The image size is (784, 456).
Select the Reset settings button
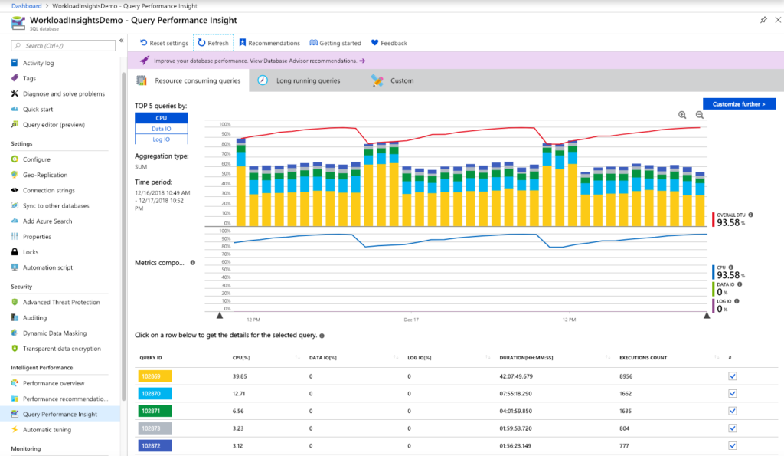coord(164,43)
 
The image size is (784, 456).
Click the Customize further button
coord(738,103)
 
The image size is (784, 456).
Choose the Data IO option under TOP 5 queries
coord(161,129)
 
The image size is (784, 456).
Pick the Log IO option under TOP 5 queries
coord(161,139)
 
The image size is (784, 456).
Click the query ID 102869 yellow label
coord(155,376)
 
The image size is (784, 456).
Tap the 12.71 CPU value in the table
coord(240,393)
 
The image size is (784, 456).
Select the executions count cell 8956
coord(629,376)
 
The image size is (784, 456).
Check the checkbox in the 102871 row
coord(732,411)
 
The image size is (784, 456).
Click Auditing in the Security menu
coord(34,317)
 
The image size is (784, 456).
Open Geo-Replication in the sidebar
coord(45,175)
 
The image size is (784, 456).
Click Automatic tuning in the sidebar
coord(47,430)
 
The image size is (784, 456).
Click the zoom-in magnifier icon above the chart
coord(682,115)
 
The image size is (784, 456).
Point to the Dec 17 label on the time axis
coord(410,320)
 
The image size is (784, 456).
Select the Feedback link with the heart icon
coord(389,43)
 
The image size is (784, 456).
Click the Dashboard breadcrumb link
coord(26,5)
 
